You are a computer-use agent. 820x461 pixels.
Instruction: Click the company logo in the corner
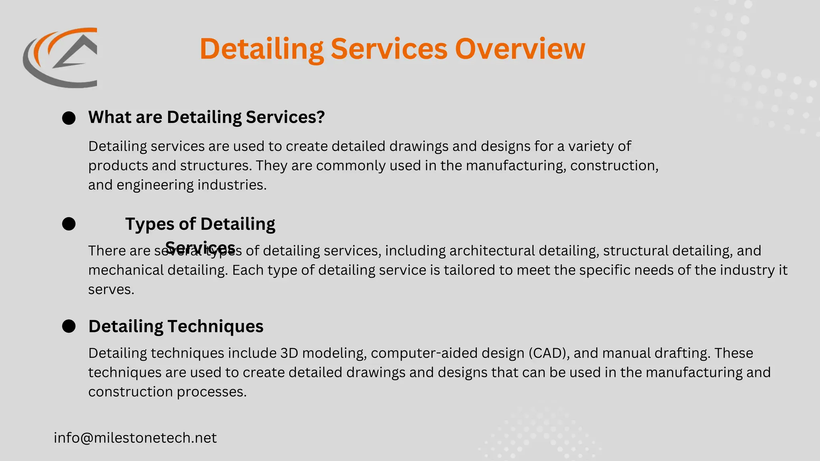(60, 58)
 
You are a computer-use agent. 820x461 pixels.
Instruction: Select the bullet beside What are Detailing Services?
(69, 118)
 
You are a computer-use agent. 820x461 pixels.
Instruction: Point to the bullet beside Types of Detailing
(69, 224)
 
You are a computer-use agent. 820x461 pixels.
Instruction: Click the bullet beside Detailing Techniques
(69, 326)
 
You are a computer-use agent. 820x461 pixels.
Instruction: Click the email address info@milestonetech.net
(135, 438)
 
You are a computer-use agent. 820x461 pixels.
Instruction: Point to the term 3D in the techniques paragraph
(289, 353)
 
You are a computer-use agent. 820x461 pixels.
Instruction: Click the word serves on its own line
(111, 290)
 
